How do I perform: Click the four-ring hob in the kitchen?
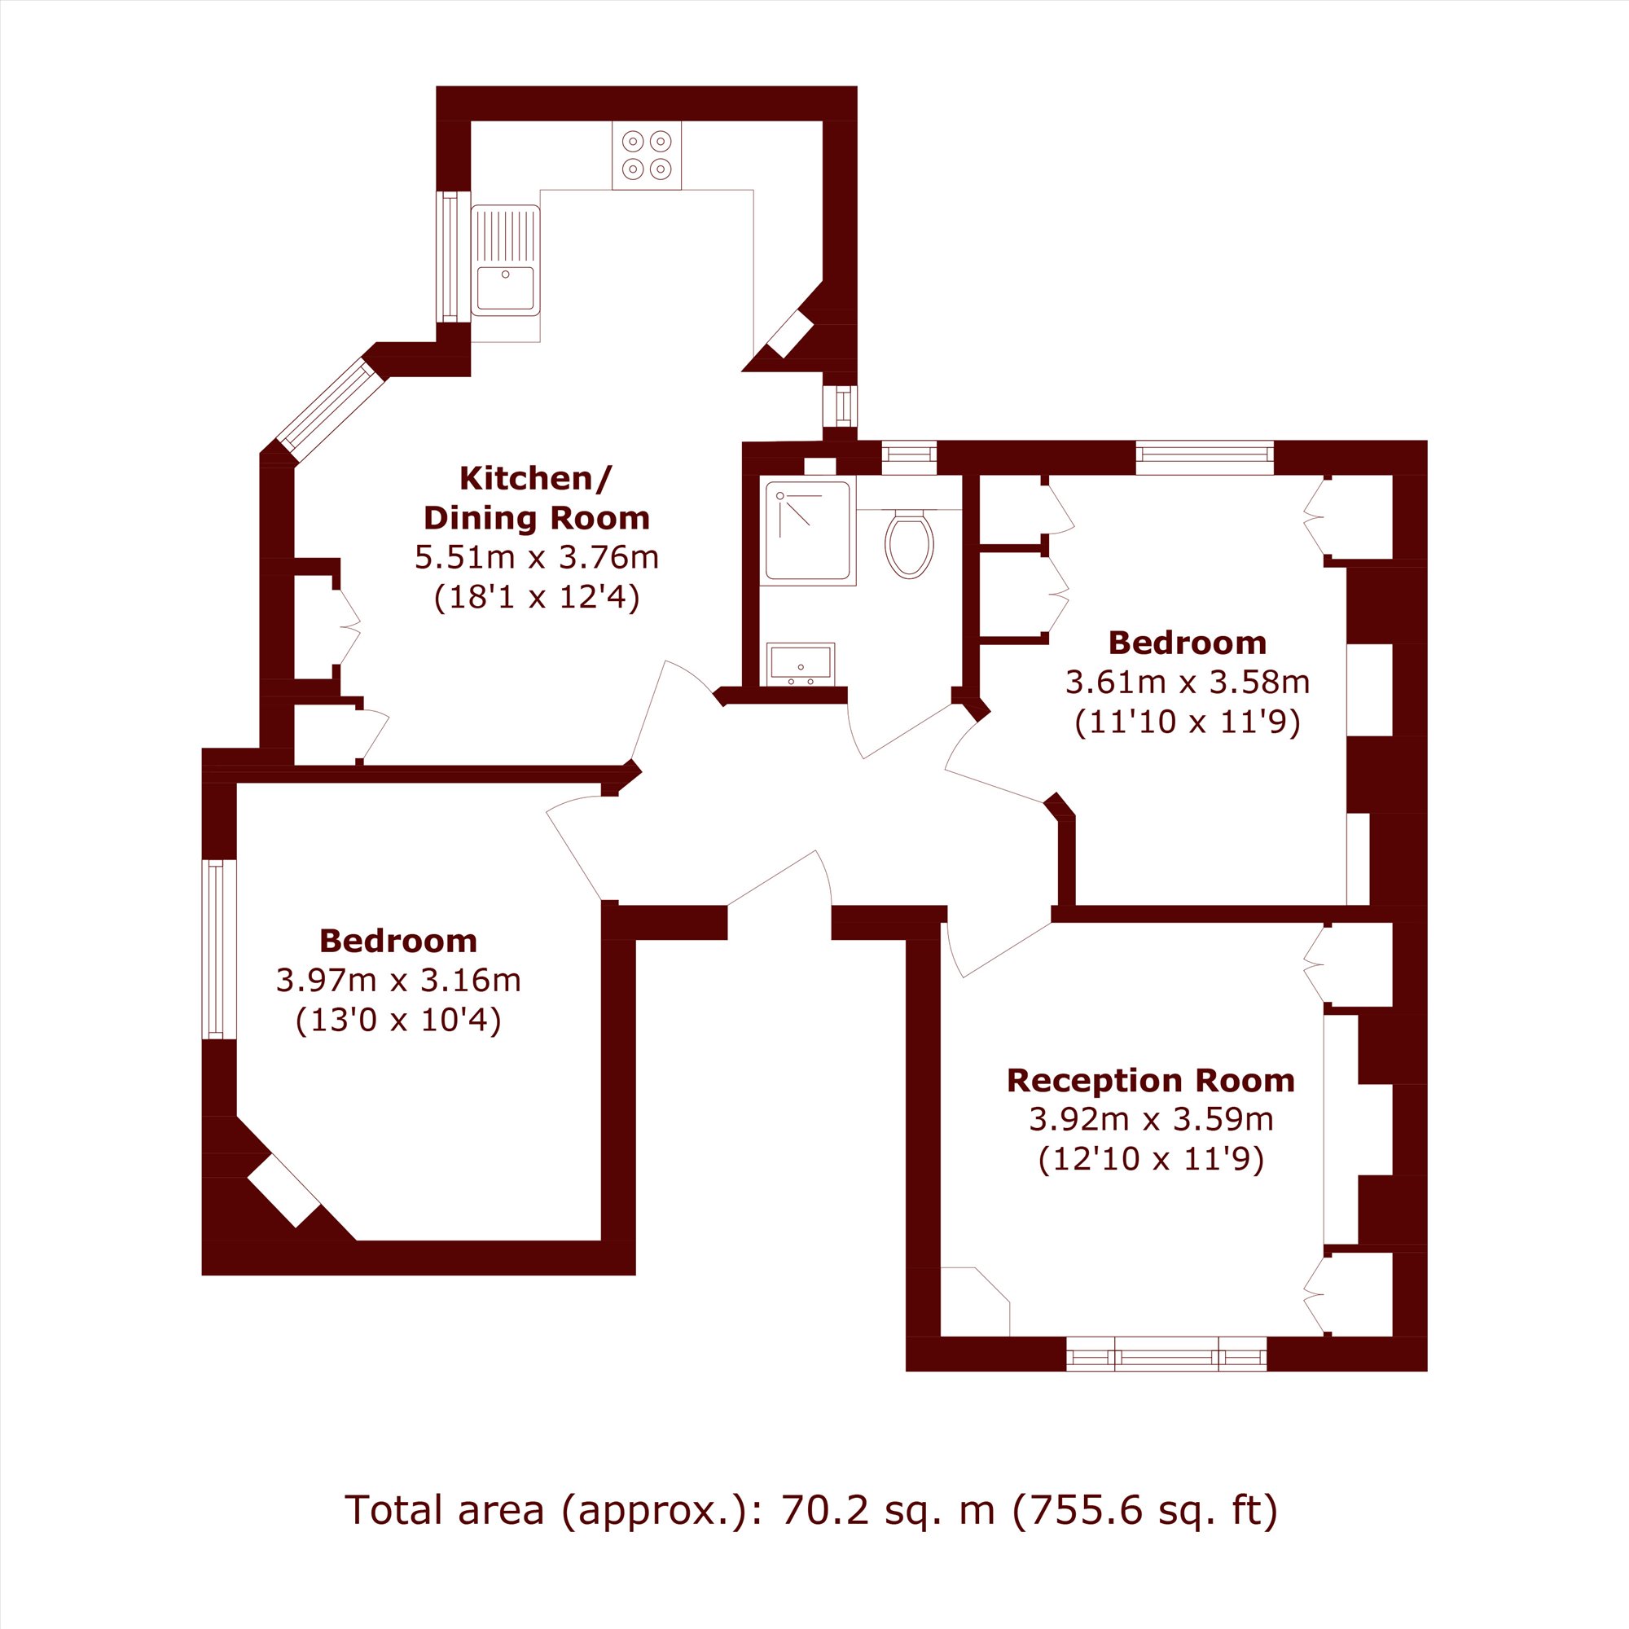pyautogui.click(x=647, y=155)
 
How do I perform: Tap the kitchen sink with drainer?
pyautogui.click(x=505, y=260)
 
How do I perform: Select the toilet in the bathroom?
pyautogui.click(x=910, y=544)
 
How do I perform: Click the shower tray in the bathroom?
pyautogui.click(x=808, y=530)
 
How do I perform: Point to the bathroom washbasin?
pyautogui.click(x=800, y=664)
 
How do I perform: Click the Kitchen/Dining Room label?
pyautogui.click(x=536, y=498)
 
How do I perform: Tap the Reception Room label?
pyautogui.click(x=1151, y=1081)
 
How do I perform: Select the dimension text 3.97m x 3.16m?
pyautogui.click(x=398, y=981)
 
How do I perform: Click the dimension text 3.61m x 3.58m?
pyautogui.click(x=1188, y=682)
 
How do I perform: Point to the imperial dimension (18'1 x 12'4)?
pyautogui.click(x=536, y=598)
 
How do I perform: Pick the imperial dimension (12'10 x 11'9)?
pyautogui.click(x=1151, y=1159)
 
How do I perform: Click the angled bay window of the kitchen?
pyautogui.click(x=332, y=411)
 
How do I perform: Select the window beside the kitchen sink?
pyautogui.click(x=453, y=257)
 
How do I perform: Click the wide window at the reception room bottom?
pyautogui.click(x=1167, y=1355)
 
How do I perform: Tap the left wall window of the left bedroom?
pyautogui.click(x=219, y=949)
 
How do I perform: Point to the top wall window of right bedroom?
pyautogui.click(x=1205, y=457)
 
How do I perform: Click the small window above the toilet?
pyautogui.click(x=909, y=457)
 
